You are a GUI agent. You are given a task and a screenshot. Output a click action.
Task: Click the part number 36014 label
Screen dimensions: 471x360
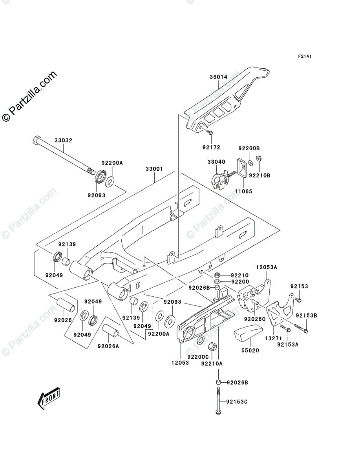pyautogui.click(x=218, y=77)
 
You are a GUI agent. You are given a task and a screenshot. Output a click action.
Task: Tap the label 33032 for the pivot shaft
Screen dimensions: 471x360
pyautogui.click(x=64, y=140)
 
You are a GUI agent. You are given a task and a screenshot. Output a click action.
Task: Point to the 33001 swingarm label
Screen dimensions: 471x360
pyautogui.click(x=154, y=169)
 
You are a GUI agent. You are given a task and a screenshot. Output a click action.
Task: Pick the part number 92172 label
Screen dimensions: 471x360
pyautogui.click(x=212, y=148)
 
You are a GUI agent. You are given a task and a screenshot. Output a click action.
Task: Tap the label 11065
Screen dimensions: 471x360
pyautogui.click(x=243, y=191)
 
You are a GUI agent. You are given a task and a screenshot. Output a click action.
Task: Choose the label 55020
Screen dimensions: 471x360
pyautogui.click(x=250, y=350)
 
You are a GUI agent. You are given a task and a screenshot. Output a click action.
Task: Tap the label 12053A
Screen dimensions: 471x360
pyautogui.click(x=267, y=267)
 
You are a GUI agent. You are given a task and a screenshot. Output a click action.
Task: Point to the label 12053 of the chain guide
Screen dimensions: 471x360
pyautogui.click(x=179, y=363)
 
